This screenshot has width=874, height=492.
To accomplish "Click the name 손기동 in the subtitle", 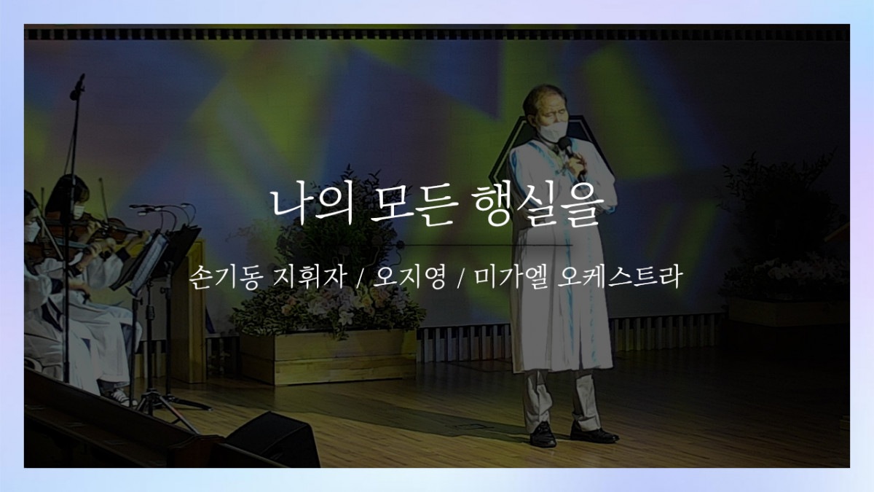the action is (x=224, y=277).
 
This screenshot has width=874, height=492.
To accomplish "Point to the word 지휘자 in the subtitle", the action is (x=310, y=277).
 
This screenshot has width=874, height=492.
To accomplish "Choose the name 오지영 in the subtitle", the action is (x=409, y=277).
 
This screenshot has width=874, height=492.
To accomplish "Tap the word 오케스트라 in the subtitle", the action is (x=620, y=277).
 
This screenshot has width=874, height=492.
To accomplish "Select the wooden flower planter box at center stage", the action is (x=327, y=356).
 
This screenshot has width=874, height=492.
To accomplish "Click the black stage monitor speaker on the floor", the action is (x=273, y=440).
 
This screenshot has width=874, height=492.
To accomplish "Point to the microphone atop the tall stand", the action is (x=77, y=87).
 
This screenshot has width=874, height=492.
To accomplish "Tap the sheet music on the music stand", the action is (x=149, y=262).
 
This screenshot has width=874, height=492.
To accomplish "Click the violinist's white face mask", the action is (x=78, y=211).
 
